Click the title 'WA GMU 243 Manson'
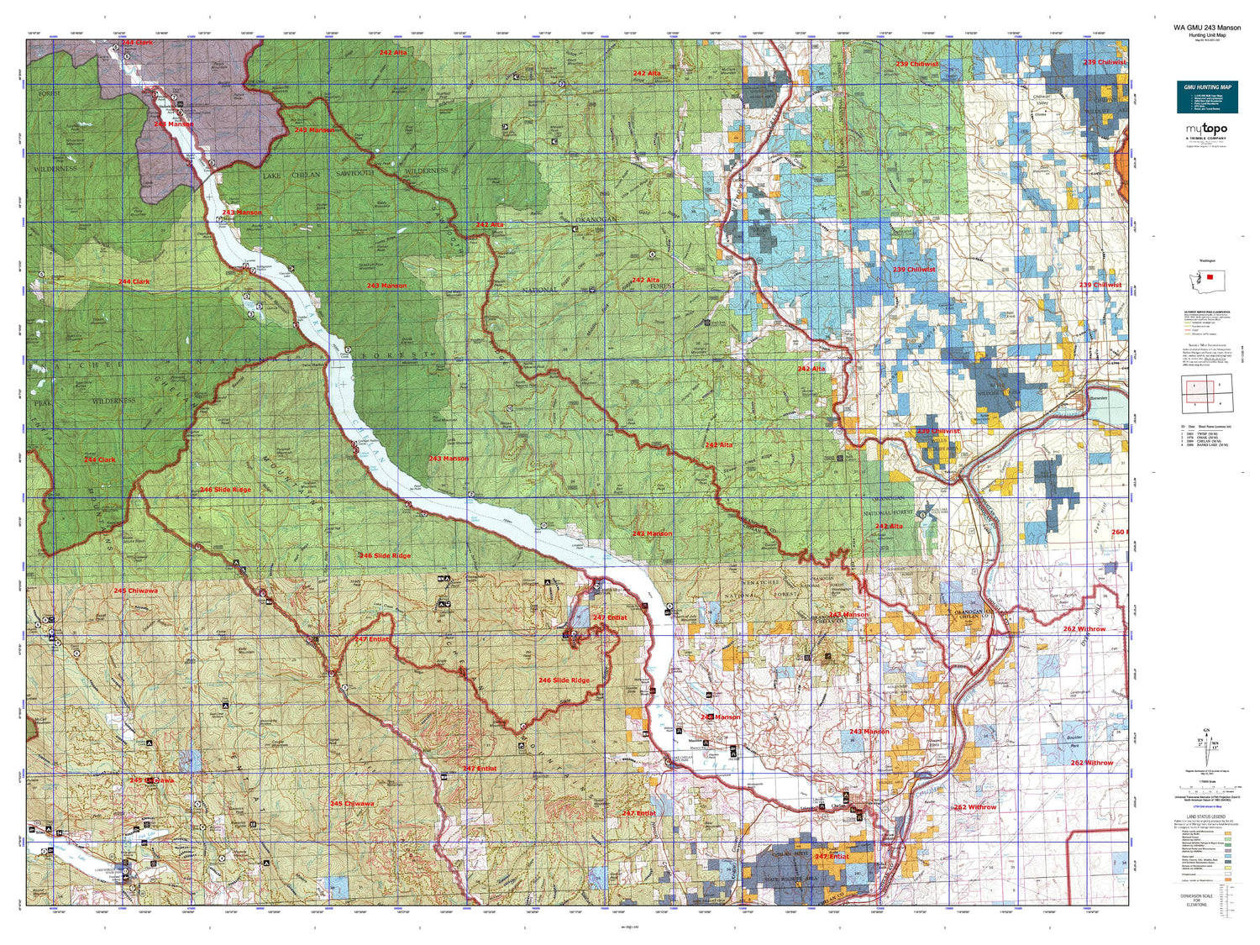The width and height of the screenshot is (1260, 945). pos(1206,28)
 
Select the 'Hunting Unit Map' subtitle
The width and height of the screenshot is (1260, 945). pos(1206,35)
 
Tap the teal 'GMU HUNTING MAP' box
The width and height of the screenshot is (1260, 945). pos(1206,97)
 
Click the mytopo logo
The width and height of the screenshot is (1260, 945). pos(1206,129)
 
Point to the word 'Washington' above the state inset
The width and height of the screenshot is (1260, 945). pos(1206,261)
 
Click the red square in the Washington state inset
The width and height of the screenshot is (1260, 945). pos(1210,276)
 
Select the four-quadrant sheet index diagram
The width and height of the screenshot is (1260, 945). pos(1207,392)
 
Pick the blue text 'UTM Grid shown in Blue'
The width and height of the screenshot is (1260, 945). pos(1206,807)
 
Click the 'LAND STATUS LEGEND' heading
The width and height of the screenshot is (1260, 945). pos(1206,817)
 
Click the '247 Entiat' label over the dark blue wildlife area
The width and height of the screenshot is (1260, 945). pos(832,857)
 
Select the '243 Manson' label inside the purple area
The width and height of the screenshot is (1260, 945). pos(173,124)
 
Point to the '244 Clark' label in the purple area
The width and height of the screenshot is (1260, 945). pos(137,43)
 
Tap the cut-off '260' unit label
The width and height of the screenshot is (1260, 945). pos(1118,533)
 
